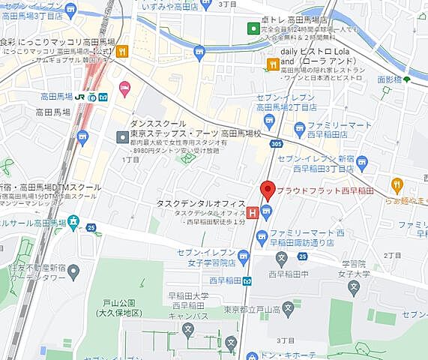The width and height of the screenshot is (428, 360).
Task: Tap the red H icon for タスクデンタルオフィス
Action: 253,214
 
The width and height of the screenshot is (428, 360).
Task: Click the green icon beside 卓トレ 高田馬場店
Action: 253,28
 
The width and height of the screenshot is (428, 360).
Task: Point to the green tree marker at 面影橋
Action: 407,78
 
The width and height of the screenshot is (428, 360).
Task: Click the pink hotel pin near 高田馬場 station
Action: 124,88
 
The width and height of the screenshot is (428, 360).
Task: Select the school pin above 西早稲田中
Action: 280,262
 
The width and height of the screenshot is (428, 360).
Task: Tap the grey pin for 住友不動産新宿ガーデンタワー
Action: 73,271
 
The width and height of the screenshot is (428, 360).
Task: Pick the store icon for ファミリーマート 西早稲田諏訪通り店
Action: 262,238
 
